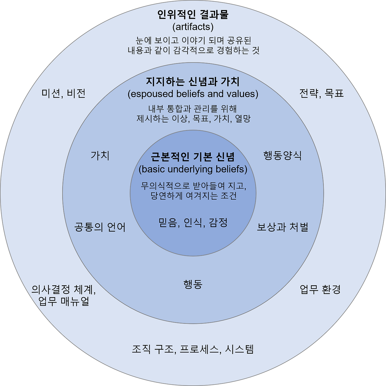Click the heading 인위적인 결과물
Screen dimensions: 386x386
click(193, 14)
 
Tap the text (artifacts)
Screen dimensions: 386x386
click(193, 27)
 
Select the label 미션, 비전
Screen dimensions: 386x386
click(64, 93)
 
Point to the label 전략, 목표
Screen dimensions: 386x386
click(321, 93)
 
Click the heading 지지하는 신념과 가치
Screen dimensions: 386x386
click(193, 81)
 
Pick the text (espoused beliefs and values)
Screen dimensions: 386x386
click(193, 94)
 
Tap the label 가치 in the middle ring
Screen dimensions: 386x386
click(100, 156)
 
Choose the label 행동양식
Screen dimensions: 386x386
click(283, 156)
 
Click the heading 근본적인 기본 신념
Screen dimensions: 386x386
click(193, 157)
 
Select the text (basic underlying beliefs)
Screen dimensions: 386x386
click(193, 169)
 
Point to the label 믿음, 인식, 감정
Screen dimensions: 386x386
click(193, 223)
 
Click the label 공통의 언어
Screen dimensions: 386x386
click(100, 227)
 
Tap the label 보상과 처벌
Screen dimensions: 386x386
click(283, 227)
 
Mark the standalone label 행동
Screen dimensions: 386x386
click(193, 284)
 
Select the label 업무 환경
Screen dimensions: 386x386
click(320, 289)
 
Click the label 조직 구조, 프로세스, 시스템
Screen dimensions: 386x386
click(193, 349)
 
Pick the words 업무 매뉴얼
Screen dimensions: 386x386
click(64, 301)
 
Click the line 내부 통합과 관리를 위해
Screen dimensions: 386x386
click(193, 109)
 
